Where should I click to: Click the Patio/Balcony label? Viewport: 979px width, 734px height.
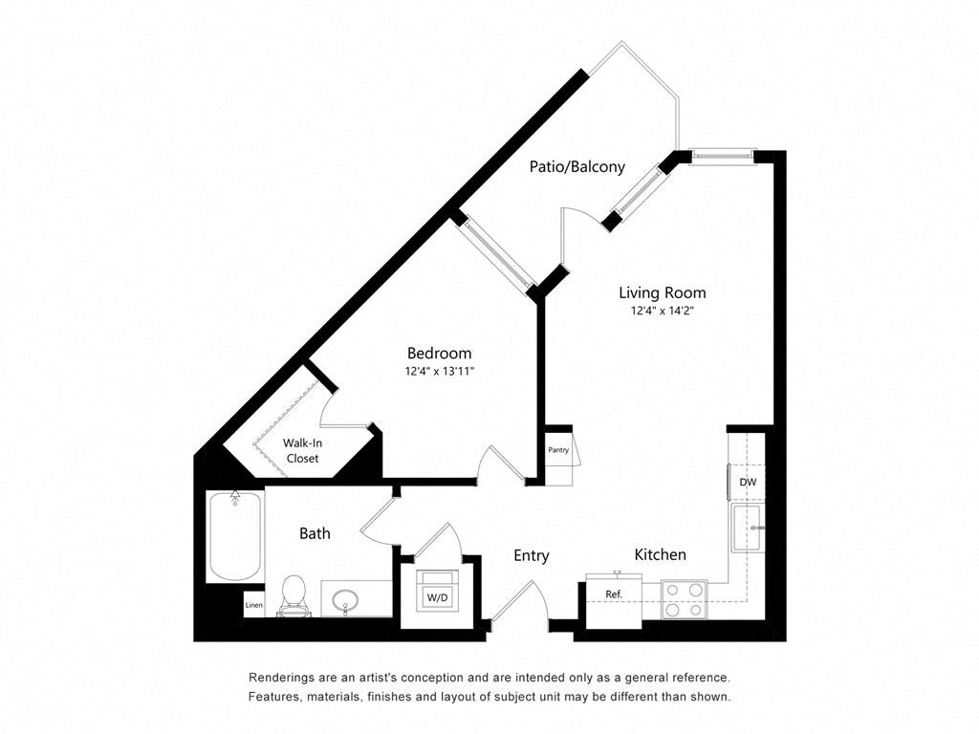coord(577,166)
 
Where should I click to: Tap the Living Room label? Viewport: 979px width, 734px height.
coord(662,292)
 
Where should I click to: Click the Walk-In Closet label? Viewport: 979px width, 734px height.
coord(302,450)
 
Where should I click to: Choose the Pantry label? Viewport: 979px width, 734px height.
coord(558,450)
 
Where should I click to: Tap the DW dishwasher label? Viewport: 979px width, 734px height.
coord(748,483)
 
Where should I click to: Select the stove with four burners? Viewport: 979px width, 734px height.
coord(684,599)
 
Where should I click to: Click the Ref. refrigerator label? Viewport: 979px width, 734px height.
coord(614,594)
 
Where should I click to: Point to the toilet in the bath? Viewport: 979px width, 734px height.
coord(294,593)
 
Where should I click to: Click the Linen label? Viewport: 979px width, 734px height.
coord(253,605)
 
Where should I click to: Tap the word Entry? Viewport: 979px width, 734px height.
coord(531,555)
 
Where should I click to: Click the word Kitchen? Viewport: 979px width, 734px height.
coord(661,554)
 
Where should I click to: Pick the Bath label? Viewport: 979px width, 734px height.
coord(315,533)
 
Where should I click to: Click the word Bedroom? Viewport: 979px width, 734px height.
coord(439,353)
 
